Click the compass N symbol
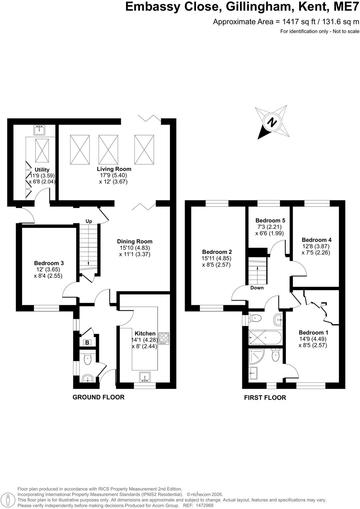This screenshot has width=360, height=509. coord(272,123)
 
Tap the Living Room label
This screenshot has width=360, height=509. coord(114,169)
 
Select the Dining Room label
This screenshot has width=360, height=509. coord(135,242)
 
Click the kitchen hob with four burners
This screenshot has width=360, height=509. coord(164,338)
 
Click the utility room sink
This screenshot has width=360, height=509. coord(39,130)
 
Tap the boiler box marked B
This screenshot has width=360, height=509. coord(87,342)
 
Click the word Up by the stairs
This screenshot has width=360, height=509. coord(89,221)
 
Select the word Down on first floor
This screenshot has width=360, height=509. coord(257,288)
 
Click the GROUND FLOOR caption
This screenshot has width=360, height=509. coord(98,397)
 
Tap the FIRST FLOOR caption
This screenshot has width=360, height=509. coord(265,398)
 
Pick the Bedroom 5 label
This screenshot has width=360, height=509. coord(270,221)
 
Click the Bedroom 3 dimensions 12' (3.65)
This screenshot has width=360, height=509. coord(47,269)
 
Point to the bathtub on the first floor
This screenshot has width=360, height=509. coord(265,338)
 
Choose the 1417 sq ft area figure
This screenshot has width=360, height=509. coord(295,22)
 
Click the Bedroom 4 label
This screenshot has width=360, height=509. coord(317,240)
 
